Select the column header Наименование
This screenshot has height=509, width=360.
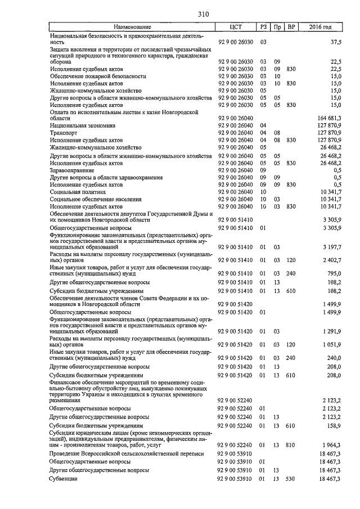pos(132,27)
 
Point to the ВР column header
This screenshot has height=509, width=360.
pos(291,27)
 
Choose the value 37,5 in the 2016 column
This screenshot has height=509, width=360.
pos(336,42)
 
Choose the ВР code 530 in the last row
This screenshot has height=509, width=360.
pos(291,478)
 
